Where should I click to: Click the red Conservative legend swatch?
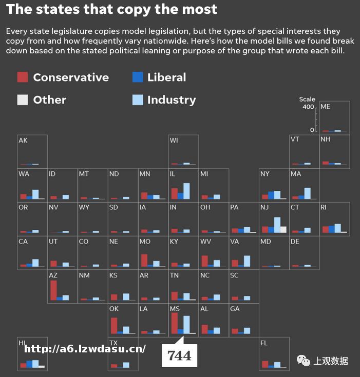pyautogui.click(x=23, y=77)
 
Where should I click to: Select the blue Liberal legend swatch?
pyautogui.click(x=138, y=77)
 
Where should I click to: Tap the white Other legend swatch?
pyautogui.click(x=23, y=100)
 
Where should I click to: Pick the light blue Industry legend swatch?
pyautogui.click(x=138, y=100)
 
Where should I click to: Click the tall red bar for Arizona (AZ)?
pyautogui.click(x=53, y=290)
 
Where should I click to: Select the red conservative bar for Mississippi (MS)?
pyautogui.click(x=175, y=323)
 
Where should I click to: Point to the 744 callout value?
pyautogui.click(x=179, y=355)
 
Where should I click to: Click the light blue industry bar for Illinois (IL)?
pyautogui.click(x=186, y=191)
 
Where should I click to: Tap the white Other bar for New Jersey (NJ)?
pyautogui.click(x=283, y=229)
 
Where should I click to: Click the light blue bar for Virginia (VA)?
pyautogui.click(x=247, y=261)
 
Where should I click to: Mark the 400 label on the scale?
pyautogui.click(x=308, y=107)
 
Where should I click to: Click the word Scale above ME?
pyautogui.click(x=307, y=99)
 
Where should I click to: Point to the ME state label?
pyautogui.click(x=326, y=107)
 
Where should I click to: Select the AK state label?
pyautogui.click(x=23, y=141)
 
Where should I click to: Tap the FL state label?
pyautogui.click(x=264, y=343)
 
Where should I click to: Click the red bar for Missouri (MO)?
pyautogui.click(x=144, y=260)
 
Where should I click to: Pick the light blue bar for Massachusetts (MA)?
pyautogui.click(x=307, y=193)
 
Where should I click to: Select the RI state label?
pyautogui.click(x=325, y=208)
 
